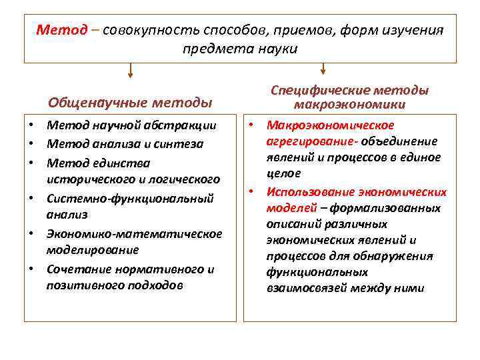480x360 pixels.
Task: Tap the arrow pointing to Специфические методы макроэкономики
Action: pyautogui.click(x=323, y=69)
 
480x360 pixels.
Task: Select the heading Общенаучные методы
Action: pyautogui.click(x=130, y=103)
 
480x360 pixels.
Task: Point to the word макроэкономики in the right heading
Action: pyautogui.click(x=349, y=104)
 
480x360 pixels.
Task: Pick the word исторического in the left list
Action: pyautogui.click(x=88, y=179)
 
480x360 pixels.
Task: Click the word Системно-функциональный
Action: pyautogui.click(x=130, y=198)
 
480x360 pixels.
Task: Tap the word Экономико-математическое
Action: pyautogui.click(x=134, y=233)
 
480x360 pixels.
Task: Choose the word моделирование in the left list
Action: pyautogui.click(x=93, y=250)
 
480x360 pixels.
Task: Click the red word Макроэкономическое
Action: pyautogui.click(x=330, y=125)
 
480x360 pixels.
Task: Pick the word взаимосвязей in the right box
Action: pyautogui.click(x=307, y=288)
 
